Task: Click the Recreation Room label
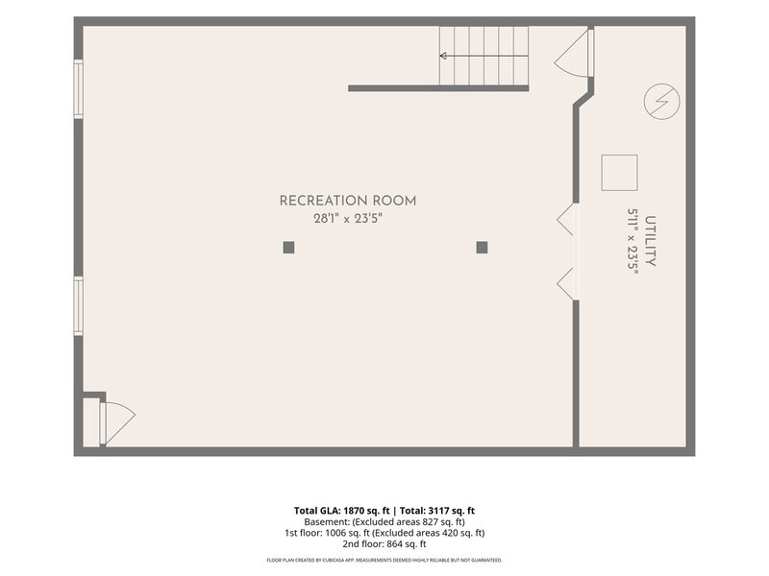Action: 348,201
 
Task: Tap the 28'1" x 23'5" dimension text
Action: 348,219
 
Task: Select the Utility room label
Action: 651,241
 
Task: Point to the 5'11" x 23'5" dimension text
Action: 633,241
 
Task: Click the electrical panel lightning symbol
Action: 661,102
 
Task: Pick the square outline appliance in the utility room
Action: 619,173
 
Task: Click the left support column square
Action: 289,248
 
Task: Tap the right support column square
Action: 483,248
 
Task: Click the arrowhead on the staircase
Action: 443,56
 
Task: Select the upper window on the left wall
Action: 79,88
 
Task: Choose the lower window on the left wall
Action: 79,306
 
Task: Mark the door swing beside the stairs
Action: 573,53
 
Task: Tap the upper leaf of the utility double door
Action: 566,220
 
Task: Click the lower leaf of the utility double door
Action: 566,283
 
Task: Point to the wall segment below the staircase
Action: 438,88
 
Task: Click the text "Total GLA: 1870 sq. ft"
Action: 342,511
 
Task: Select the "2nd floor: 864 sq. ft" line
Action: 384,544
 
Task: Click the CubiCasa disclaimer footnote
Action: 384,560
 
